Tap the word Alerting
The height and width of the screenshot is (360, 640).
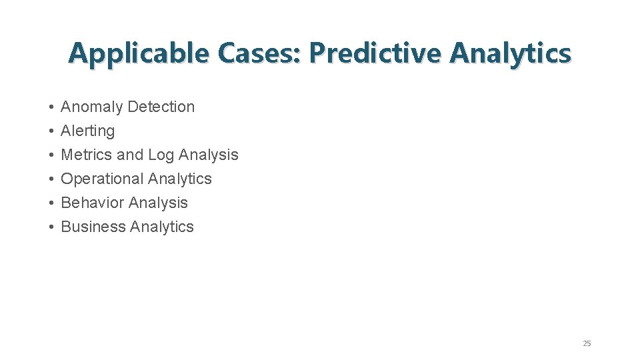coord(88,131)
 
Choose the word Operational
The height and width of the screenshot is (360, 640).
coord(102,179)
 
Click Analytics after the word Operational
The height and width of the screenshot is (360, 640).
coord(180,179)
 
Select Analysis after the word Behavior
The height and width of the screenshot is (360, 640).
coord(157,203)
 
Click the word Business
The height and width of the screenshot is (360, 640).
coord(93,227)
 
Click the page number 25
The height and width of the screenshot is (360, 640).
coord(587,343)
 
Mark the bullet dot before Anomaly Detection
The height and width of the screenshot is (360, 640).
coord(51,107)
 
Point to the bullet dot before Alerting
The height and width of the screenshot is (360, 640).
coord(51,131)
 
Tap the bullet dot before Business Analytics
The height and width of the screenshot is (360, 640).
coord(51,227)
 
